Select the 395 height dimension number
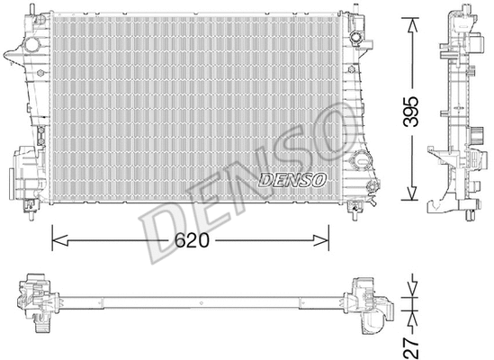point(410,108)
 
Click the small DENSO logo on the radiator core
point(292,179)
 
